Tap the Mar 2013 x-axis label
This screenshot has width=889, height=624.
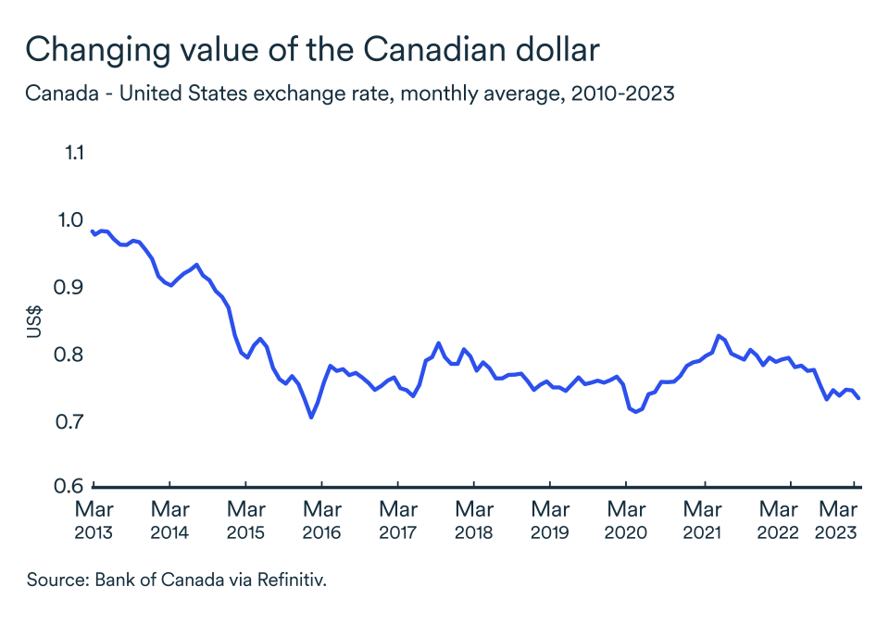[94, 520]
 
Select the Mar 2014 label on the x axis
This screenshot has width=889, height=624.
[169, 520]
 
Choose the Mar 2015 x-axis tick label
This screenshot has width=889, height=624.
[245, 520]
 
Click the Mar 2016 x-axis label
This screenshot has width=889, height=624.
[321, 520]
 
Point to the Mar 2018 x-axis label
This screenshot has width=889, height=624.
[473, 520]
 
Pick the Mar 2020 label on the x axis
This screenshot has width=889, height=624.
[625, 520]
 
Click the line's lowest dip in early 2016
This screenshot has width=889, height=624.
[311, 418]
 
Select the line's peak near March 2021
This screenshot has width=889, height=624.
[718, 335]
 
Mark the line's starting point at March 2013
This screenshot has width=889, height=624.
[91, 231]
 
